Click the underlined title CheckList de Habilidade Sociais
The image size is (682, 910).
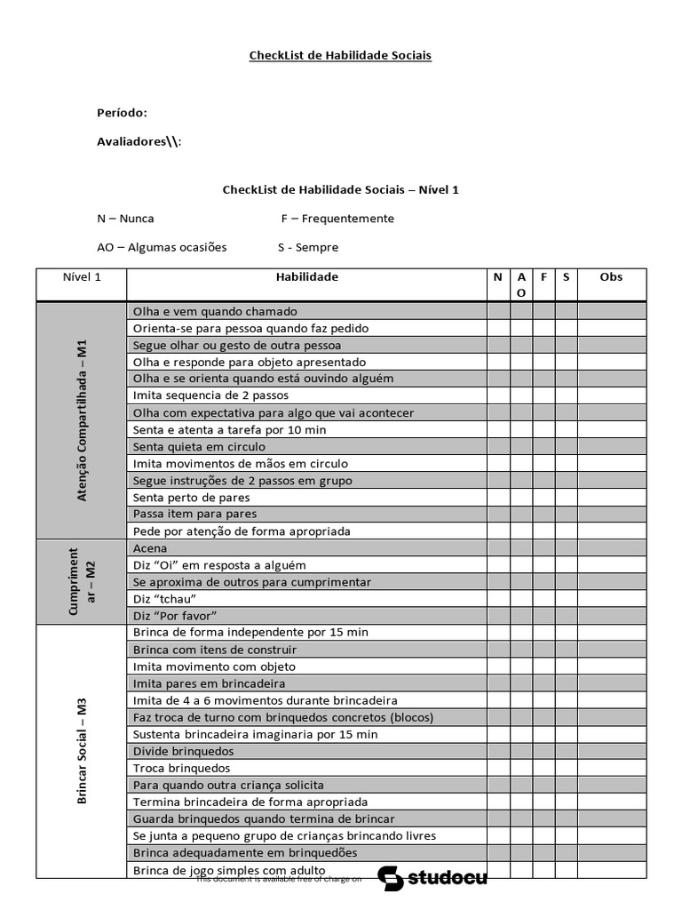(340, 55)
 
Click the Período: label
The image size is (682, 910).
(122, 113)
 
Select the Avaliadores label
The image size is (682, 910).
(139, 141)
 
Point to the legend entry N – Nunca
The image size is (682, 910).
(125, 219)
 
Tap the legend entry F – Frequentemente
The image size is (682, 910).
(337, 219)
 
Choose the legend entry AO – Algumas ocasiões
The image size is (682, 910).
(162, 247)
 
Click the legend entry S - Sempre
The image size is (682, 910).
(308, 247)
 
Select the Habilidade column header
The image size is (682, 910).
(306, 277)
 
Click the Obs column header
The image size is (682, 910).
(611, 277)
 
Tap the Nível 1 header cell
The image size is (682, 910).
(82, 277)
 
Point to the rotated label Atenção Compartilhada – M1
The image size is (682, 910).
(83, 420)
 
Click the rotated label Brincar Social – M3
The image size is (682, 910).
(83, 751)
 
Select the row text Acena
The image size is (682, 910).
(149, 548)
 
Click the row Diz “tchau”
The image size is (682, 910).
(164, 599)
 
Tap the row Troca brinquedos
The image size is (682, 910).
(181, 768)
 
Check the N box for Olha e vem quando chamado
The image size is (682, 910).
(498, 312)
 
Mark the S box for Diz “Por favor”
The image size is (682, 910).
(566, 616)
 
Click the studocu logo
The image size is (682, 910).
(432, 878)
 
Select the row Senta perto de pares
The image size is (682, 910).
(187, 498)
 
